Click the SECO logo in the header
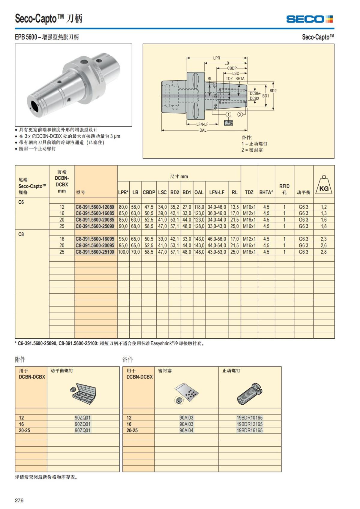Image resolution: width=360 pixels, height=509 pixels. pos(309,19)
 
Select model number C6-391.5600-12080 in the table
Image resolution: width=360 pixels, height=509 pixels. pos(95,207)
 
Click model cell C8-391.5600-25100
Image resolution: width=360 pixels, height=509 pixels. pos(95,252)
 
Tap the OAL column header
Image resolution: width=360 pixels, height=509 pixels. pos(199,192)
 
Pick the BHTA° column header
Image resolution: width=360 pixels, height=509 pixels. pos(266,192)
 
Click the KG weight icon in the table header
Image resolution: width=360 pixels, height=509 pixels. pos(324,186)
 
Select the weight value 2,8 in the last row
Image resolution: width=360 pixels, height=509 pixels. pos(323,252)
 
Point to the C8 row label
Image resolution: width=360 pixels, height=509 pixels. pos(21,234)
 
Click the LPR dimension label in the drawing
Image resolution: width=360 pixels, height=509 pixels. pos(217,58)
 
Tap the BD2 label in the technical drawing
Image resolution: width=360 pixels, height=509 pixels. pos(273,91)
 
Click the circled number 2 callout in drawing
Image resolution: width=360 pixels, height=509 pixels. pos(240,114)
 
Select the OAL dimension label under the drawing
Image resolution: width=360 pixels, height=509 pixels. pos(203,130)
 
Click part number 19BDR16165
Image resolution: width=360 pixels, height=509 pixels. pos(249,430)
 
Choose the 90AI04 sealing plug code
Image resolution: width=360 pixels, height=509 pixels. pos(186,430)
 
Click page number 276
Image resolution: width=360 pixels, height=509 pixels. pos(19,500)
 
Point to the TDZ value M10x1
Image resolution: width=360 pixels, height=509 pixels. pos(249,207)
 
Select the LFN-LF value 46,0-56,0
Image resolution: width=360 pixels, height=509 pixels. pos(217,239)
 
